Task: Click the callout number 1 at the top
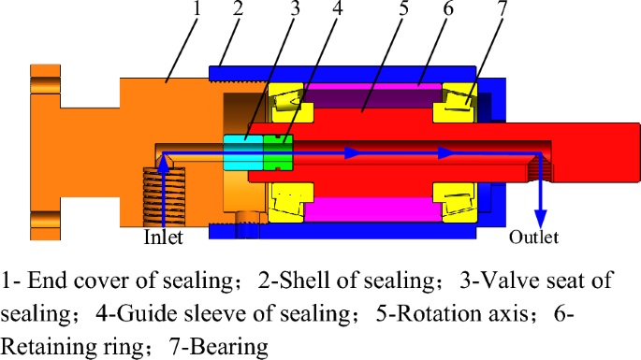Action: click(x=197, y=10)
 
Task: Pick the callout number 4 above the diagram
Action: click(x=336, y=10)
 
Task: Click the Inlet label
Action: click(x=163, y=238)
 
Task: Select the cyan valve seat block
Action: click(x=242, y=151)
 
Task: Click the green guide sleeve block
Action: click(x=278, y=151)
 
